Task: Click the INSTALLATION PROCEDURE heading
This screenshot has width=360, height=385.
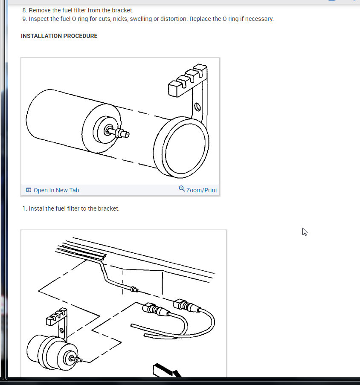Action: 59,36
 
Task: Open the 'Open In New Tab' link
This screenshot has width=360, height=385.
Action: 56,190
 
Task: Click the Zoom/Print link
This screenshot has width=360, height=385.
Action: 202,190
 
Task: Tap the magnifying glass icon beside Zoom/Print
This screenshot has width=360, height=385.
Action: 182,188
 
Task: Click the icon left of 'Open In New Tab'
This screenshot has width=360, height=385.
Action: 29,190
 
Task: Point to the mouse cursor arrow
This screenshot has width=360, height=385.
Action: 305,232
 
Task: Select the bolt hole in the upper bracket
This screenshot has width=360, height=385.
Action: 197,107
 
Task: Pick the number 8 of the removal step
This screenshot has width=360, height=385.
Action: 24,10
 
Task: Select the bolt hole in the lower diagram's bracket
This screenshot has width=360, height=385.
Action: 62,330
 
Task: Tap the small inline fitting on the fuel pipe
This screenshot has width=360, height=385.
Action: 134,289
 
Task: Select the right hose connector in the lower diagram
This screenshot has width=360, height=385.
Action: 187,305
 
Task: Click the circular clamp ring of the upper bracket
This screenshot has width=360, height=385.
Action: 181,147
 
